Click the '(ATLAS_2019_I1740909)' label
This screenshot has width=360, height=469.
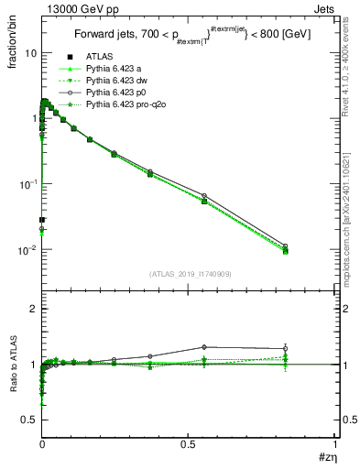point(189,273)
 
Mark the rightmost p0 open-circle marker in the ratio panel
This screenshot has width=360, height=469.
point(286,348)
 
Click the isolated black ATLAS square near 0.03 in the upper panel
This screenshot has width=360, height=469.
point(41,220)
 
